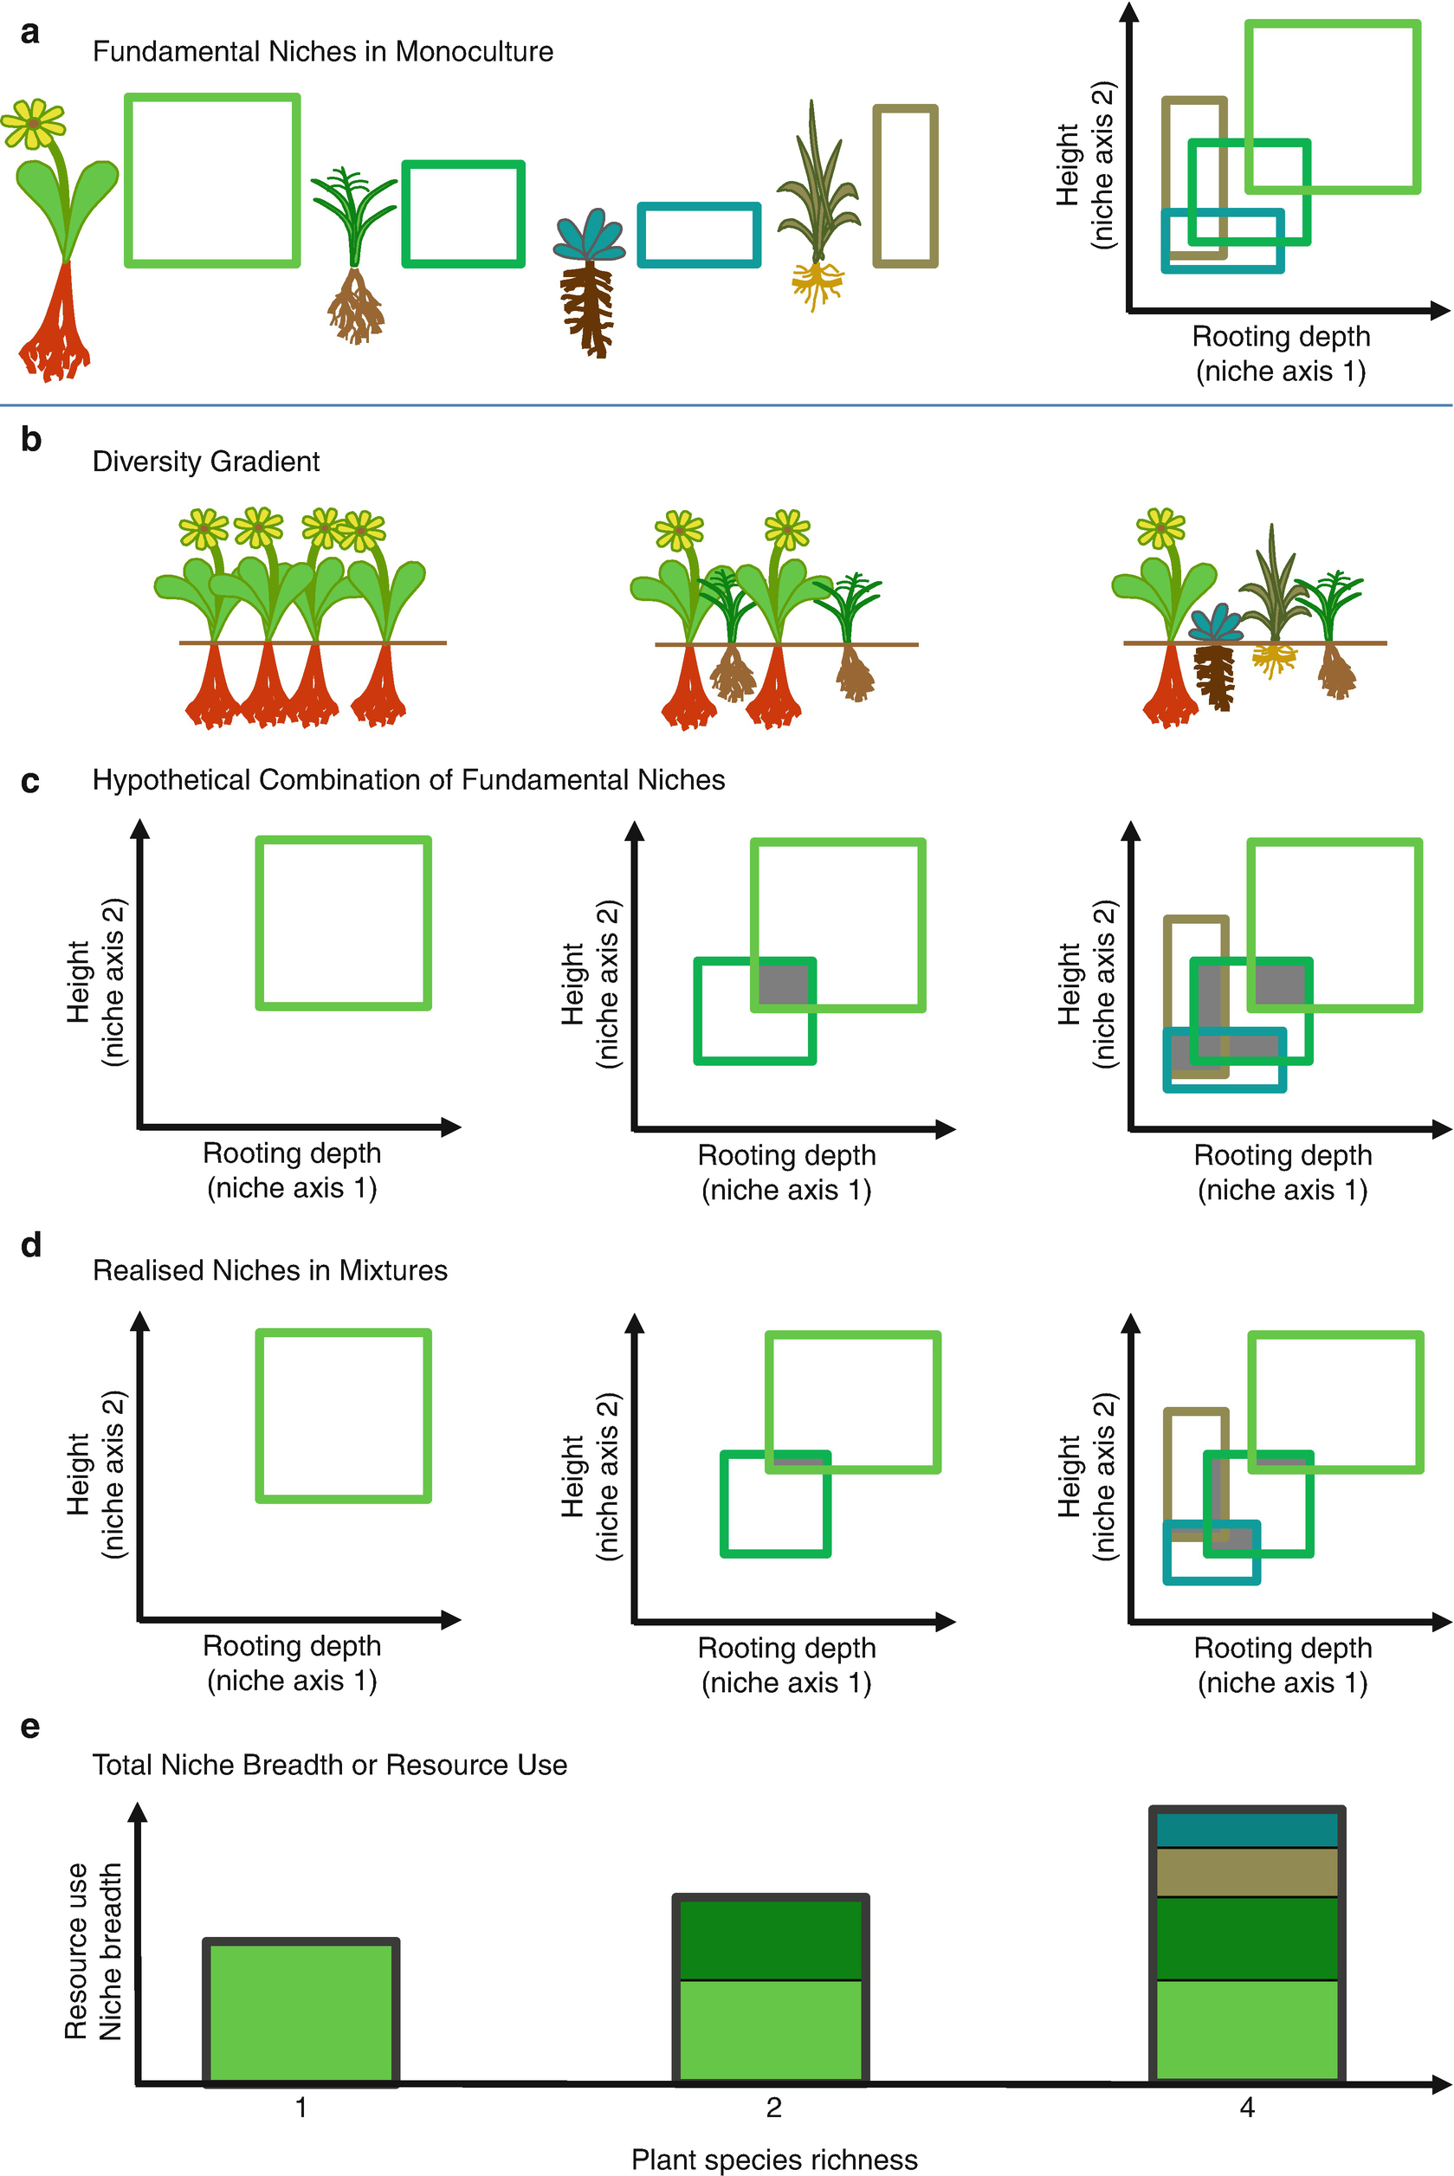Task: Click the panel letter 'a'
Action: pos(29,34)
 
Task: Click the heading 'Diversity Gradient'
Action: pos(206,462)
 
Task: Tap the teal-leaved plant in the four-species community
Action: pos(1216,624)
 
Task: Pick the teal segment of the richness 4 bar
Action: pos(1246,1831)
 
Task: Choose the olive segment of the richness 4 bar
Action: pos(1246,1872)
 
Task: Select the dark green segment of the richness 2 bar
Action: pos(771,1939)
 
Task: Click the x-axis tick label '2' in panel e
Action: pos(773,2108)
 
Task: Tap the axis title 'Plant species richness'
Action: pos(774,2160)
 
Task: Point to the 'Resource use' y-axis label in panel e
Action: pos(76,1951)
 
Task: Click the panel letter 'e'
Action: pos(29,1727)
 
